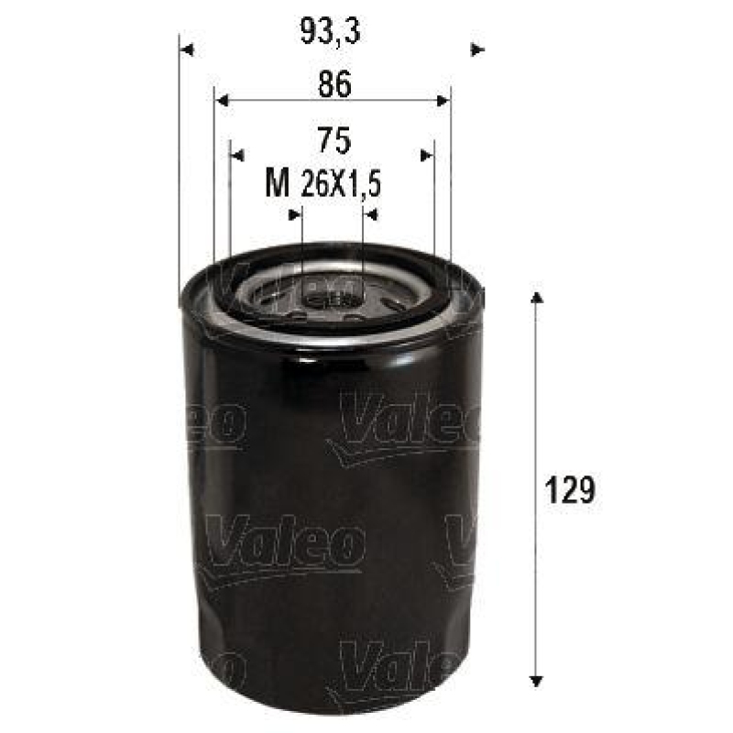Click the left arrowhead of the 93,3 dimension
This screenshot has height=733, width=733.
coord(187,49)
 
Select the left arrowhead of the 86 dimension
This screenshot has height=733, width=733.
coord(221,101)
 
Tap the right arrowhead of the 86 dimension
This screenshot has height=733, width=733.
coord(444,101)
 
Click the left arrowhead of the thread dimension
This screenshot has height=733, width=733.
coord(295,214)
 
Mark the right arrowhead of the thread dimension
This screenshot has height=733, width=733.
coord(371,214)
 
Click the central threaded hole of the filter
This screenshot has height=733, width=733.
coord(333,295)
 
